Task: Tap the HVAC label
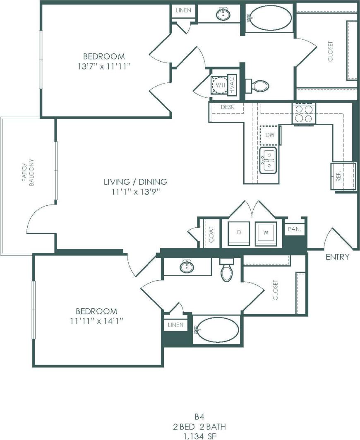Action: tap(232, 85)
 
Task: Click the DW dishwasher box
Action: tap(270, 135)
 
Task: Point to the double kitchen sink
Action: tap(268, 161)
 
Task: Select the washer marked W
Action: tap(266, 233)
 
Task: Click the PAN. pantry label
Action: tap(294, 228)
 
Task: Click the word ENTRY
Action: tap(337, 257)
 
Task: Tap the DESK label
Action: tap(228, 107)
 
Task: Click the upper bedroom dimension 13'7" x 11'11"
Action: tap(109, 66)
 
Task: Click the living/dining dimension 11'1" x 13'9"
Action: tap(135, 191)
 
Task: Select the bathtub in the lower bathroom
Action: tap(216, 329)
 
